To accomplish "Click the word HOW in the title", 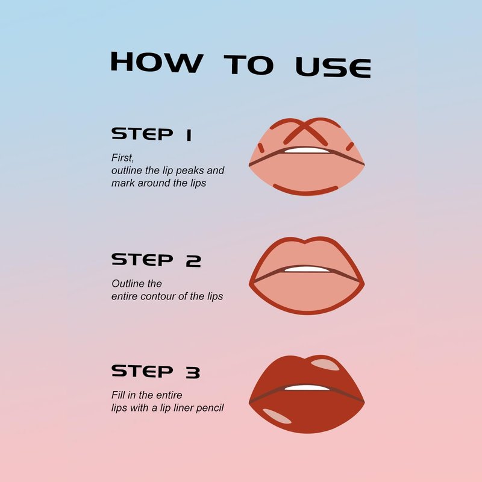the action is coord(157,62).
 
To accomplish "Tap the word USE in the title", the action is coord(333,67).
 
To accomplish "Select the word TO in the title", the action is coord(249,64).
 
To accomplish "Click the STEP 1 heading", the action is coord(152,134).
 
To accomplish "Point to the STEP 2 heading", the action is coord(156,260).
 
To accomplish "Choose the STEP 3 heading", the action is coord(156,371).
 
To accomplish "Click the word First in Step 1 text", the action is coord(122,158).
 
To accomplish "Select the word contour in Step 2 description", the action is coord(158,296).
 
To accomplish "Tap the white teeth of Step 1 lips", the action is coord(307,150).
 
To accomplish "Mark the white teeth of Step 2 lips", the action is coord(307,269).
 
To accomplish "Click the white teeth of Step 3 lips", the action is coord(307,387).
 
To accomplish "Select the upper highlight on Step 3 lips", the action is coord(325,365).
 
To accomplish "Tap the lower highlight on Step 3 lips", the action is coord(277,416).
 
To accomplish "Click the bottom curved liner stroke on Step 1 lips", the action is coord(305,191).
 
